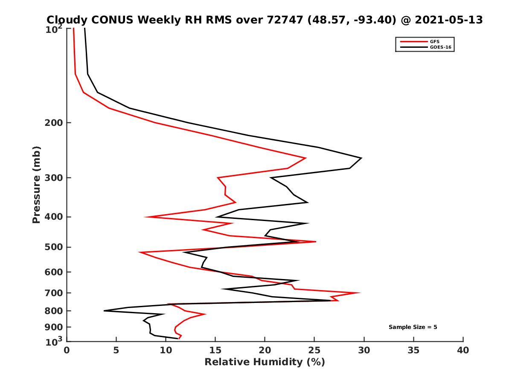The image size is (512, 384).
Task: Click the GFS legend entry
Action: click(435, 41)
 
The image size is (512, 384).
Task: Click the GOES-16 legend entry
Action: click(439, 47)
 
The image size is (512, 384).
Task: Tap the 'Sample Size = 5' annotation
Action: click(413, 327)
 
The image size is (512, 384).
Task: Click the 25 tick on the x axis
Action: click(314, 350)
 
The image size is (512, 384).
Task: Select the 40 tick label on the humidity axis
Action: click(463, 350)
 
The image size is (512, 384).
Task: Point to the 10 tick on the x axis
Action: click(166, 350)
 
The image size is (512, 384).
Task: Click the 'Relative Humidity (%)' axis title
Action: click(265, 362)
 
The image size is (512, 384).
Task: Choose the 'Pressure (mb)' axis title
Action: click(36, 184)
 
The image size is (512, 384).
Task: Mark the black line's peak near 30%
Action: click(361, 158)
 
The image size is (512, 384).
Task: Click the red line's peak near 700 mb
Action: click(359, 293)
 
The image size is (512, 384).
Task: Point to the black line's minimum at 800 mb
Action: click(104, 311)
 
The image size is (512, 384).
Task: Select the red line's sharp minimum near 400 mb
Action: click(145, 217)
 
